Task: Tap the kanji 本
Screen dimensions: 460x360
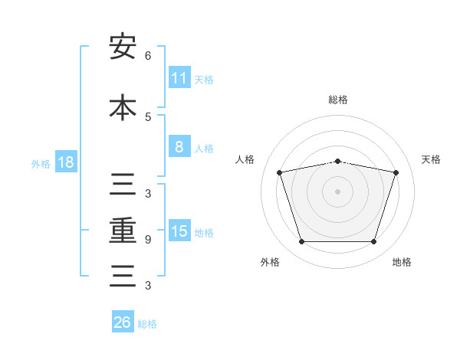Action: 123,107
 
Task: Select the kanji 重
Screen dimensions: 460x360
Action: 123,231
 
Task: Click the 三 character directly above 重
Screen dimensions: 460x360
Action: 123,184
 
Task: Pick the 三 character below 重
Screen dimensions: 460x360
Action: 123,276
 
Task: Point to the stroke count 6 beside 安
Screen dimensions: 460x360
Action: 148,56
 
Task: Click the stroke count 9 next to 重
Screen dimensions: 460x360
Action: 148,240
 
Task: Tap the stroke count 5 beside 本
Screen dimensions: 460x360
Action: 148,117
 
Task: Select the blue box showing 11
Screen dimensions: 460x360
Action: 179,77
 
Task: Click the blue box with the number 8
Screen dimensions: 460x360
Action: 179,146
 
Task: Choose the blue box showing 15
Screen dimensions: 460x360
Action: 179,230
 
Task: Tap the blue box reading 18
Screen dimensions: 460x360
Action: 66,162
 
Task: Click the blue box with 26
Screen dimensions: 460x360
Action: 123,321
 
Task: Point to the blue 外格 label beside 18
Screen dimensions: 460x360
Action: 41,164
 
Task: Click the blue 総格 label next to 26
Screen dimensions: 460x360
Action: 147,324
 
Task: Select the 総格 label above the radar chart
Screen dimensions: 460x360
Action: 338,100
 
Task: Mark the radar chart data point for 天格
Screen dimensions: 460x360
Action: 396,172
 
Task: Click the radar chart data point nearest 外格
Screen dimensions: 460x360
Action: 302,241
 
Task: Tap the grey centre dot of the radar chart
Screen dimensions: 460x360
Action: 337,191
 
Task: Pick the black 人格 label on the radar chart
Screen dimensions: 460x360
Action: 245,159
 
